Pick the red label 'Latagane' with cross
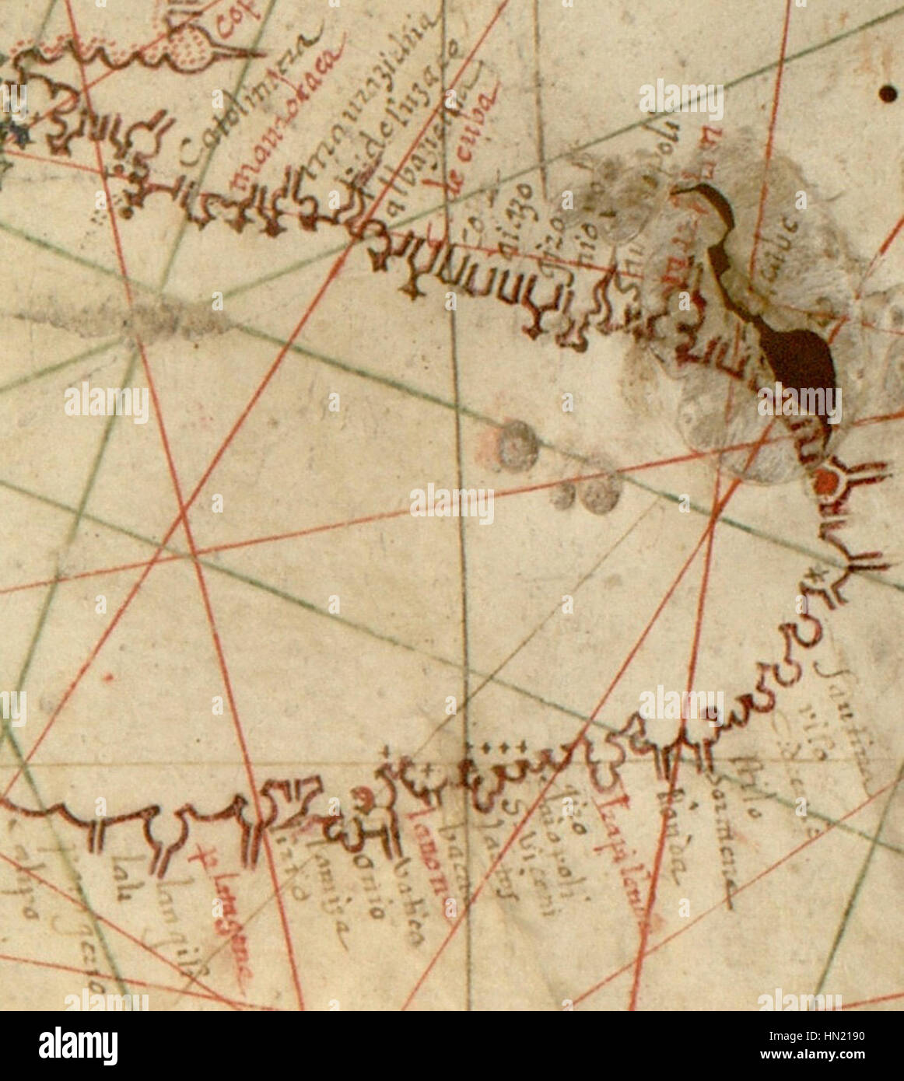[x=226, y=918]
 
